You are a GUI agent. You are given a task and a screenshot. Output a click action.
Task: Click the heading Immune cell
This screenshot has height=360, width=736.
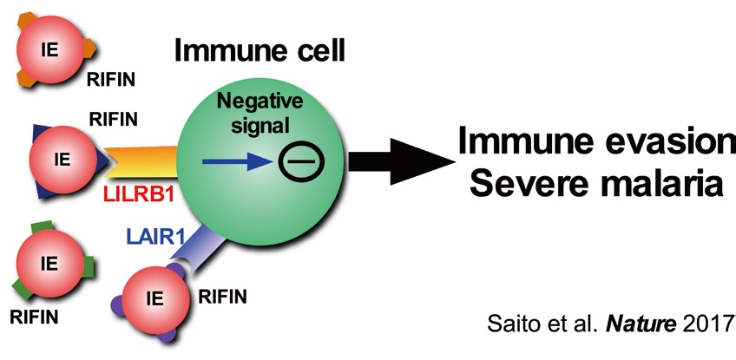point(260,50)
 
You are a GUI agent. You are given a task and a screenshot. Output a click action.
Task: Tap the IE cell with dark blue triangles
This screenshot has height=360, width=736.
point(62,159)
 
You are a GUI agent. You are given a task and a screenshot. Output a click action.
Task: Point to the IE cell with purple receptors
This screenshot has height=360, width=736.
point(155,300)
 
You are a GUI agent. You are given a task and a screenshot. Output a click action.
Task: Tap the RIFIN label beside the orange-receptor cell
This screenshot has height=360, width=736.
point(110,81)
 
